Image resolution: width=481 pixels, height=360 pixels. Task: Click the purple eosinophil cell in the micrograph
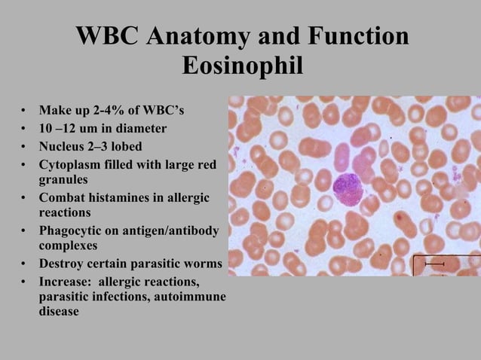pos(348,189)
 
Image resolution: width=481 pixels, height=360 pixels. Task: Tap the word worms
pos(203,264)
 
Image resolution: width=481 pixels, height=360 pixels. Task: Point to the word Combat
pos(62,197)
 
